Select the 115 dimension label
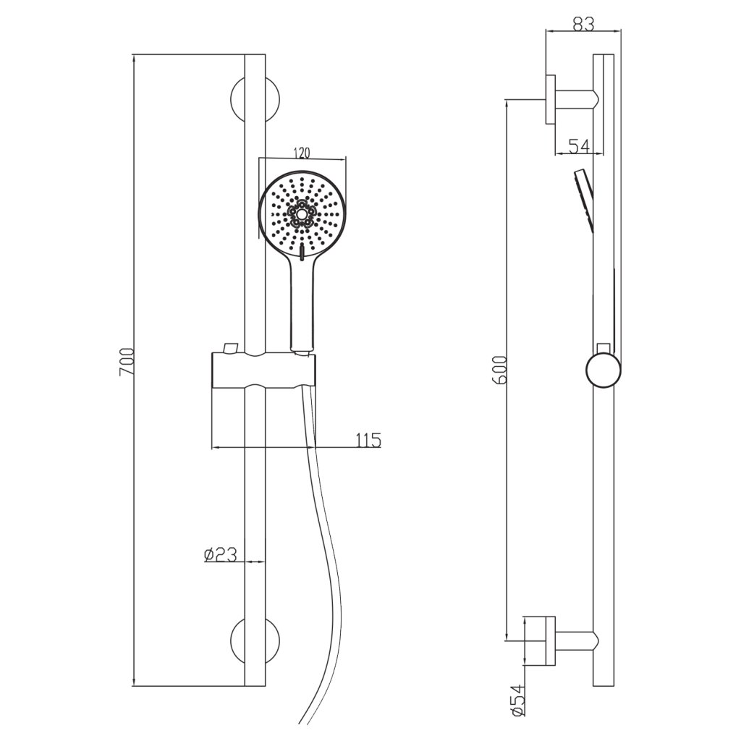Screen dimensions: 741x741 point(368,439)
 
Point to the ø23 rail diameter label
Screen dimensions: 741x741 point(221,554)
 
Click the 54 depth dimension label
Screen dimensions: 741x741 point(577,146)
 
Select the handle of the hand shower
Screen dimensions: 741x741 point(302,304)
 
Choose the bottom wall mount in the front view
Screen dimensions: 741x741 point(255,640)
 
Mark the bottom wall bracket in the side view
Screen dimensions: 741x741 point(561,640)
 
